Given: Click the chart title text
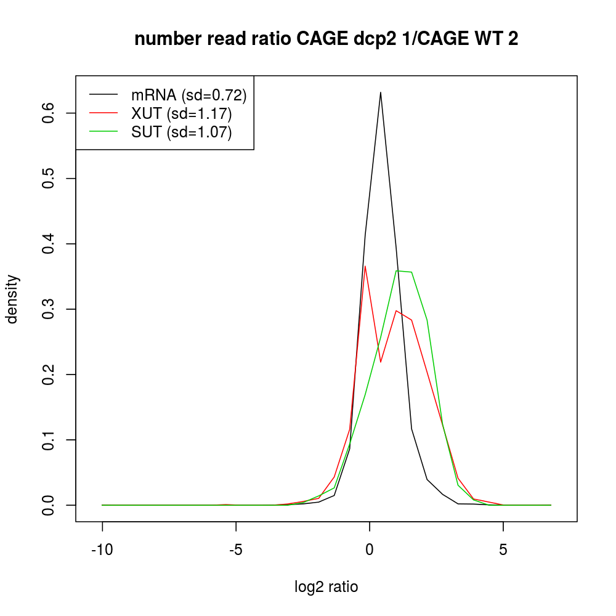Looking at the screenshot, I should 326,39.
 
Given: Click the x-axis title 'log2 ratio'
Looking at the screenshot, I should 326,587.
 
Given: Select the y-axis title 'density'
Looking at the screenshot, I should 12,299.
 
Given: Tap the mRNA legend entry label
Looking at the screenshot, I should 188,95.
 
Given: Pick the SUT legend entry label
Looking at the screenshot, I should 182,132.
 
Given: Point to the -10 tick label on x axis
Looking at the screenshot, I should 102,549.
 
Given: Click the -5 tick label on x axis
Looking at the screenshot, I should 236,549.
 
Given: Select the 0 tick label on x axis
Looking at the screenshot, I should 370,549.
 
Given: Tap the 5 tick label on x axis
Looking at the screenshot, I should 503,549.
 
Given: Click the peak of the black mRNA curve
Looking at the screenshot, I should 381,93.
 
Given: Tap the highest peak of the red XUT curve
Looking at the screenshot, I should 365,266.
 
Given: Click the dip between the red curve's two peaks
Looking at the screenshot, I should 381,362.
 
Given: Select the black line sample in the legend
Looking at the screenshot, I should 103,95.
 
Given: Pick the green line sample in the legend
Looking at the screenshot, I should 103,132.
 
